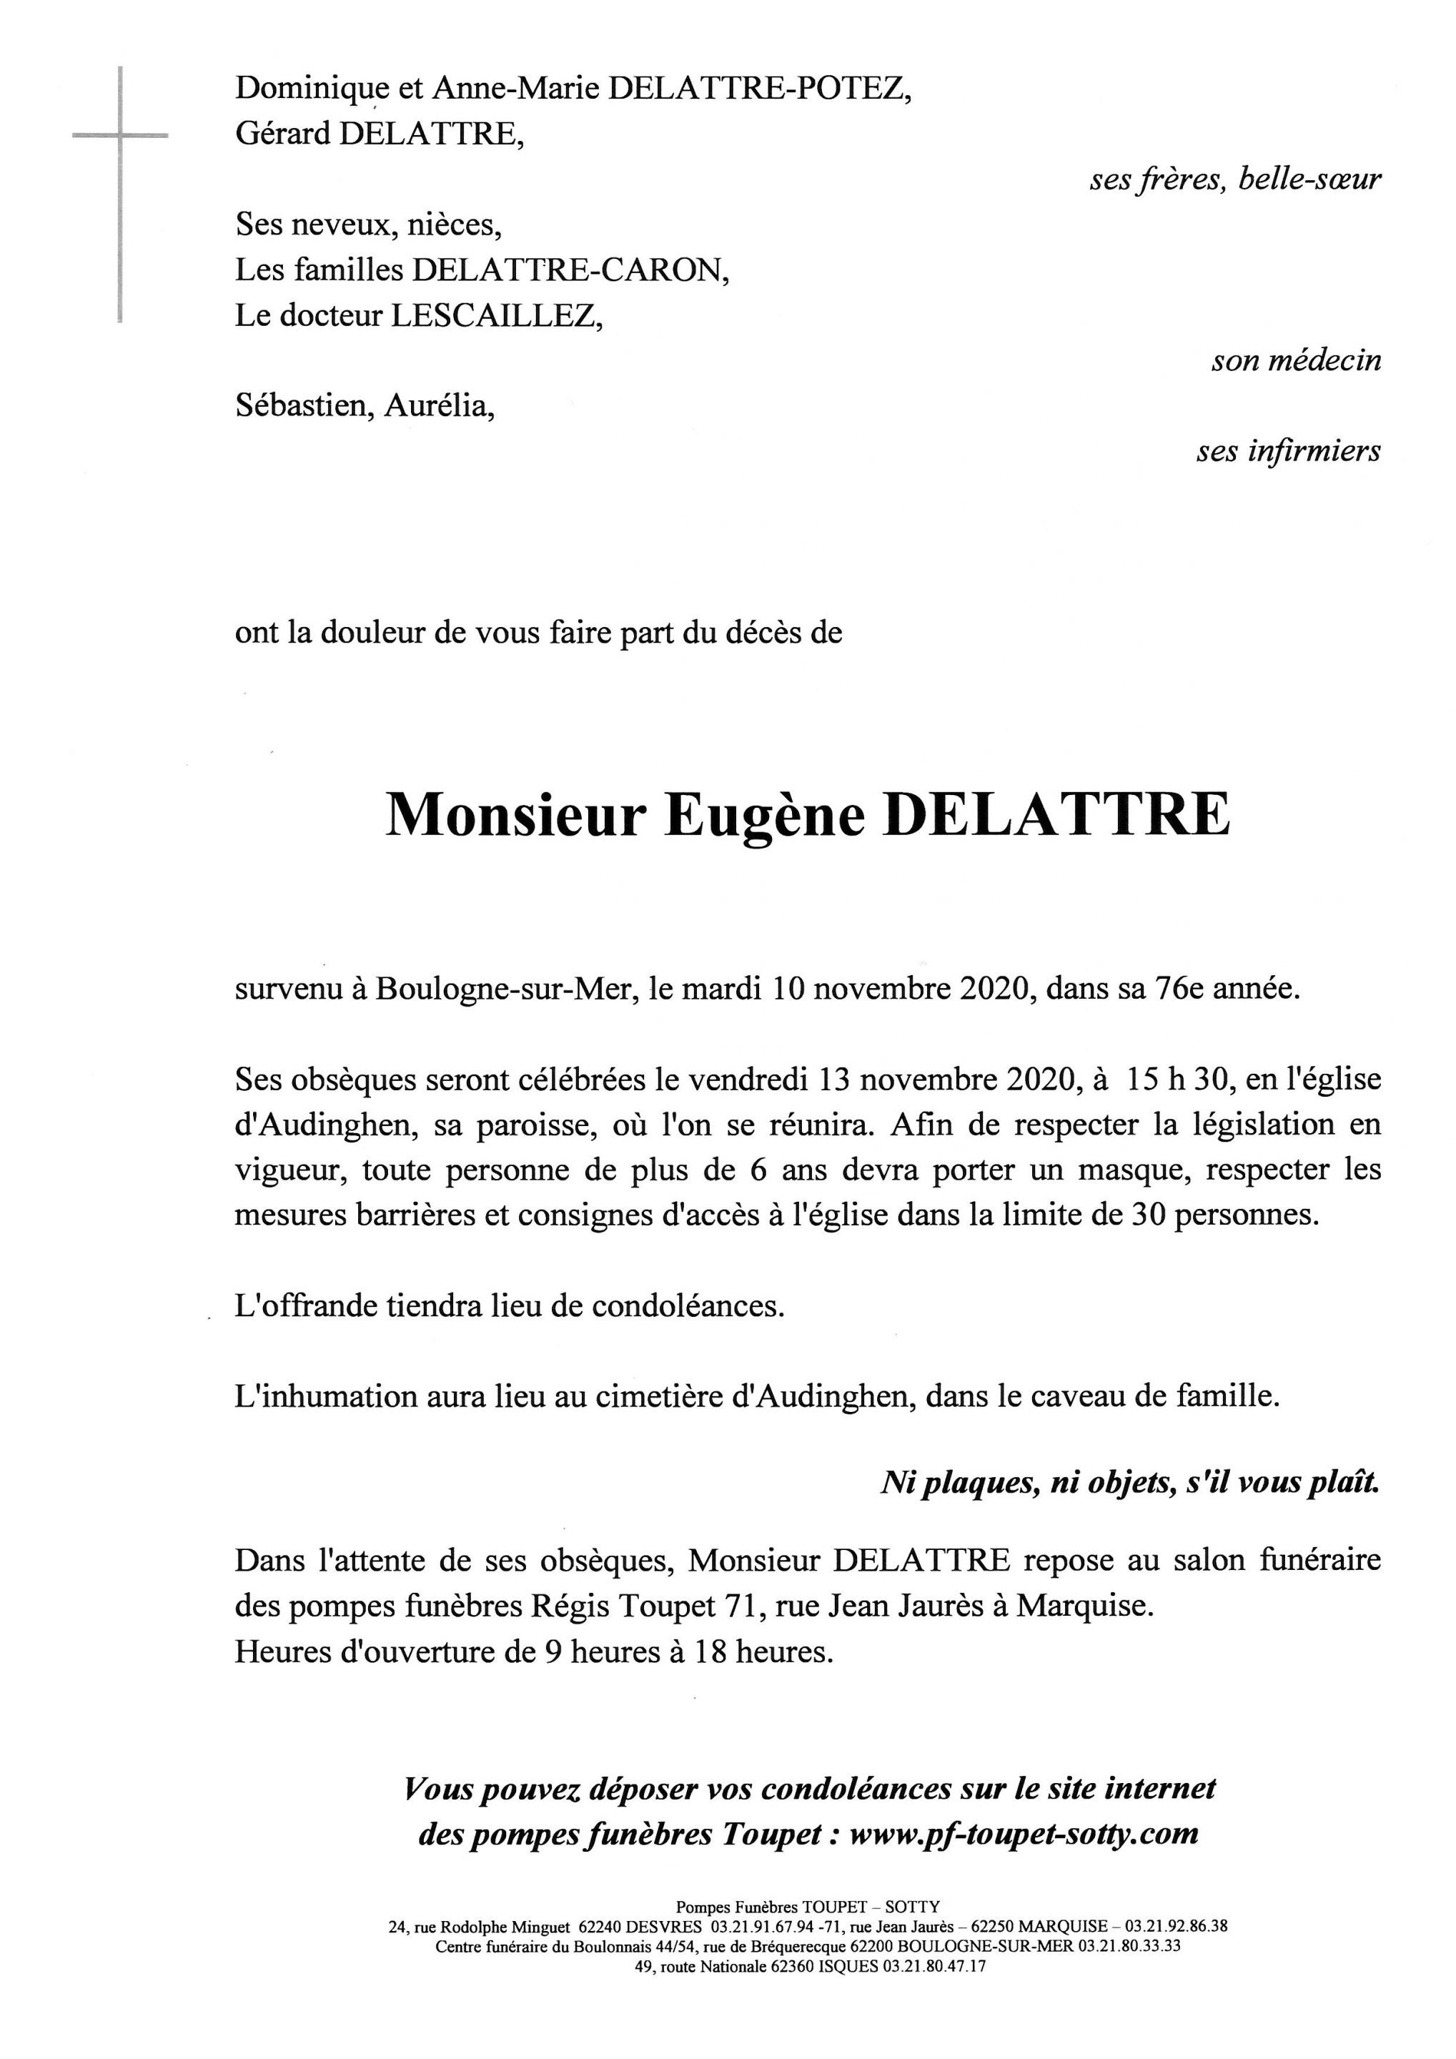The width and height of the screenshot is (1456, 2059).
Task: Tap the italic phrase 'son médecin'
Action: (1295, 360)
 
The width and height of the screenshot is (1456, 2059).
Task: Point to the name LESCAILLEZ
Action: (494, 316)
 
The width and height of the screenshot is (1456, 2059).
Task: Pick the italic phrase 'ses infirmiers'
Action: (1287, 450)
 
